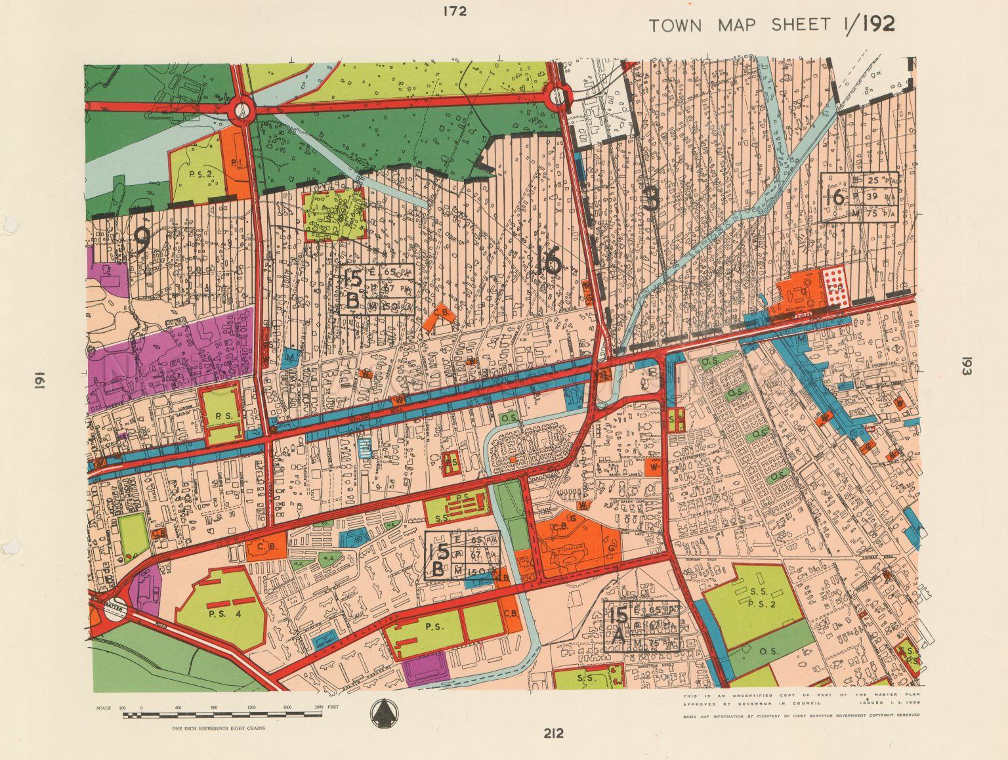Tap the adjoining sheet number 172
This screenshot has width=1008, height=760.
(454, 11)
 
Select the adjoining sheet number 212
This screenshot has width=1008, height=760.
(553, 733)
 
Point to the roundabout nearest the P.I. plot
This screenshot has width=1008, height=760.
(242, 110)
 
